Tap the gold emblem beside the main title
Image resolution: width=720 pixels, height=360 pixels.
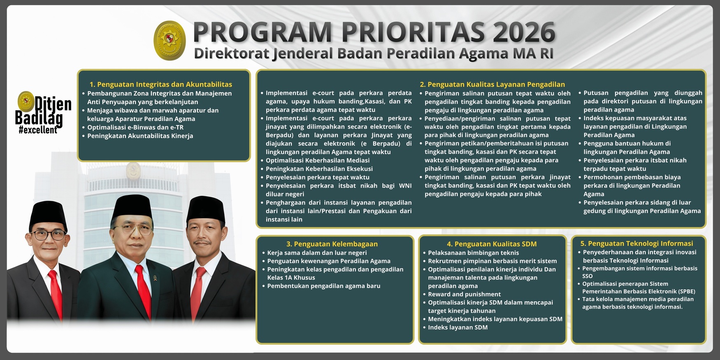[x=170, y=40]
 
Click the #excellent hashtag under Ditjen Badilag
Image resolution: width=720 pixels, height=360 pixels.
[x=38, y=130]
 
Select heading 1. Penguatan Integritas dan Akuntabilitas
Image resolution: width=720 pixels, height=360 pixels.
[x=160, y=84]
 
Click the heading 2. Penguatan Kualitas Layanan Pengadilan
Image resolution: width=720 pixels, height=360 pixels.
[x=492, y=84]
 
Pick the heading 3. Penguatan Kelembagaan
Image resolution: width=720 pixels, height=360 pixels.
[x=332, y=244]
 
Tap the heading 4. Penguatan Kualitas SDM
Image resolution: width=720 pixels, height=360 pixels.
[x=492, y=244]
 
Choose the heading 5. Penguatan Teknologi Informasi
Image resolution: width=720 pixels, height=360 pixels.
[x=636, y=244]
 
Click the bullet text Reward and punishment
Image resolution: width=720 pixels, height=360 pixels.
[x=464, y=294]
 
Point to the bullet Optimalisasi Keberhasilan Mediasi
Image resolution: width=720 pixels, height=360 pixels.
[x=317, y=160]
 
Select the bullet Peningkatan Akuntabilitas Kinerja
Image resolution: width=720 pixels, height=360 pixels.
[x=140, y=136]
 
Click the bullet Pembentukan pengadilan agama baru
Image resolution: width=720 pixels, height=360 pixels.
[x=323, y=286]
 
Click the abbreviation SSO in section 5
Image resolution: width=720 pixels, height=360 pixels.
[x=587, y=276]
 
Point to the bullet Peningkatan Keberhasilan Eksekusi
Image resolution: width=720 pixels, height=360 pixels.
[x=319, y=169]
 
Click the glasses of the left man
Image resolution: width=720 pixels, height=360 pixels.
[x=48, y=235]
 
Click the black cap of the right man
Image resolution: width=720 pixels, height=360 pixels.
[x=205, y=209]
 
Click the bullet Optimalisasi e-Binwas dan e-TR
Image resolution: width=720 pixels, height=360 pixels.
[x=135, y=128]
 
